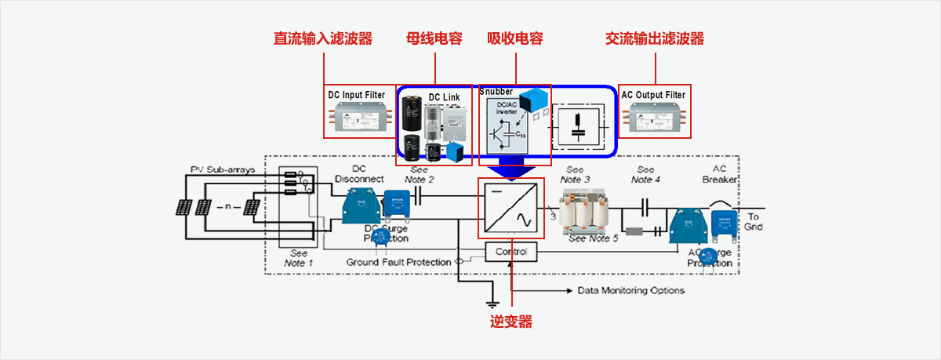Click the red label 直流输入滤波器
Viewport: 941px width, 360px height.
pos(322,38)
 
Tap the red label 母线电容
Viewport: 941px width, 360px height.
pos(434,38)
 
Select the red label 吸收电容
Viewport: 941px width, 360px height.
pos(515,38)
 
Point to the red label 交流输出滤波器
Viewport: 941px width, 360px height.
pos(655,38)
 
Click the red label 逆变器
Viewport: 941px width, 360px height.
pos(511,322)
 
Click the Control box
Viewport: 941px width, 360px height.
pos(511,252)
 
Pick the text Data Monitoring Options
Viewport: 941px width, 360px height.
pos(630,290)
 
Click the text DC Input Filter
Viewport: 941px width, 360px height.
pos(357,95)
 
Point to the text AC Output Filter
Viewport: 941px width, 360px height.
pos(653,95)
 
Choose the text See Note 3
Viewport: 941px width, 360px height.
pos(576,174)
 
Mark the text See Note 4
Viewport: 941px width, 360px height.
pos(646,174)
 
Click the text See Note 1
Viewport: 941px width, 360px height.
pos(299,258)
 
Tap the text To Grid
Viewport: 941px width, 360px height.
pos(754,222)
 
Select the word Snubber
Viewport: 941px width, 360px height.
pos(496,92)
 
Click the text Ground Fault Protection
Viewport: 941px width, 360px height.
pos(398,262)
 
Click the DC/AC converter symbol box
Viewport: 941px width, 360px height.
pos(511,208)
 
